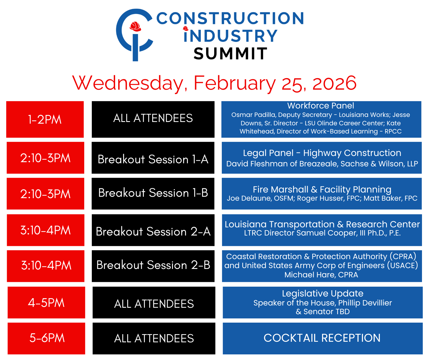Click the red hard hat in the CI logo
coord(135,26)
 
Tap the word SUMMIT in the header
coord(230,53)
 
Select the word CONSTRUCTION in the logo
coord(230,18)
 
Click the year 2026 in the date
coord(334,83)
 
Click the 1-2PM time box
coord(45,119)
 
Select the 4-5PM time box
coord(46,302)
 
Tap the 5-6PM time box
coord(46,338)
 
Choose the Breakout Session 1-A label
coord(153,159)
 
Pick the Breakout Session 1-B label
coord(153,193)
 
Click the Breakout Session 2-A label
coord(153,232)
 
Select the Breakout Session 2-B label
coord(153,265)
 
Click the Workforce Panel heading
coord(321,106)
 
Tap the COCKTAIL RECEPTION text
coord(322,338)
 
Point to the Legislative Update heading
coord(322,293)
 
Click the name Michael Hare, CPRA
coord(321,275)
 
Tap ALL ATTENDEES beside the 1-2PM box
coord(153,118)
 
